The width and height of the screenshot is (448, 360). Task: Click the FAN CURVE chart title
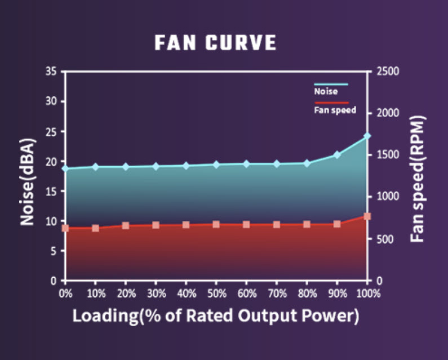(x=215, y=43)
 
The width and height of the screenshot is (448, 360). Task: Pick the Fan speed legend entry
(x=335, y=110)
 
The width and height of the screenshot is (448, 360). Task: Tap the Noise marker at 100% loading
(x=367, y=136)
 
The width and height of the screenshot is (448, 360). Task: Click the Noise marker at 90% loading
(x=337, y=154)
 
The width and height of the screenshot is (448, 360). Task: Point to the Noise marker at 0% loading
(x=65, y=168)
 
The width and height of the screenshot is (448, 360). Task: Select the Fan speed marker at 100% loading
(x=367, y=216)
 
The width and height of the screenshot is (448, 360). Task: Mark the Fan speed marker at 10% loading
(x=96, y=228)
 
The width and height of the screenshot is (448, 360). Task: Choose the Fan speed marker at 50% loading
(x=216, y=224)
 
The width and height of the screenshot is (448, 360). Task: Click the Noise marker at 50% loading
(x=216, y=165)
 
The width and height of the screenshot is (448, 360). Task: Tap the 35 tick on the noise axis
(x=54, y=72)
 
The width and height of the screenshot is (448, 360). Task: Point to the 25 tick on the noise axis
(x=54, y=131)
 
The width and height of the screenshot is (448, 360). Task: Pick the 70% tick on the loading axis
(x=277, y=294)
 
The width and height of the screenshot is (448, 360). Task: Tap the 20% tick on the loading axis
(x=126, y=294)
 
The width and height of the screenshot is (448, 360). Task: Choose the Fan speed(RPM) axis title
(x=418, y=179)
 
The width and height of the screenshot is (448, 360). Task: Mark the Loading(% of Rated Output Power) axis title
(x=216, y=315)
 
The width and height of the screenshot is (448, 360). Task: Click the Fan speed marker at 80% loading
(x=307, y=224)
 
